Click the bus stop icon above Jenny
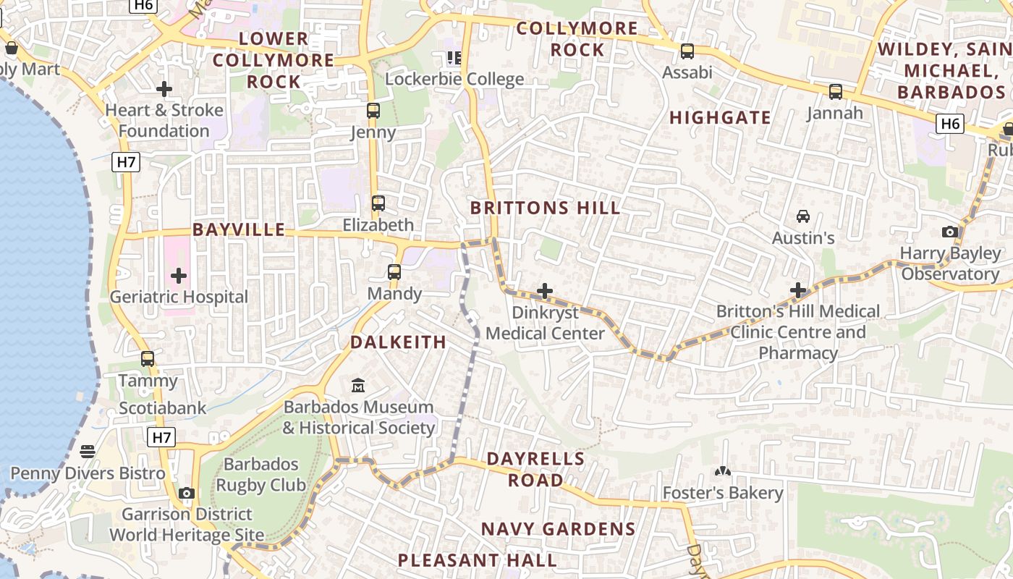(373, 111)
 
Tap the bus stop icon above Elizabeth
(378, 203)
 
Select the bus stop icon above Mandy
(394, 272)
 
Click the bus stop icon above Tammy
(148, 359)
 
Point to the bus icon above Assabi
(687, 51)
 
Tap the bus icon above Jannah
(836, 92)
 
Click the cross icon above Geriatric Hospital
(179, 276)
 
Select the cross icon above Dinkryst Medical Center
(545, 291)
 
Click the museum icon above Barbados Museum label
(358, 385)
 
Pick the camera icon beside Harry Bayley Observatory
(950, 232)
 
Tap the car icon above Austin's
(803, 216)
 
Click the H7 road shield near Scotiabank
(161, 437)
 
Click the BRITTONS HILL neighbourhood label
(546, 208)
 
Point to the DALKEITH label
(399, 342)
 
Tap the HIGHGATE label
(720, 117)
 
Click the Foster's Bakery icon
(722, 472)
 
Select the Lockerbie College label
(454, 79)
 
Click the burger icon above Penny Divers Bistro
(88, 452)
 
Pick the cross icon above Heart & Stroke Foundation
(164, 89)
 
